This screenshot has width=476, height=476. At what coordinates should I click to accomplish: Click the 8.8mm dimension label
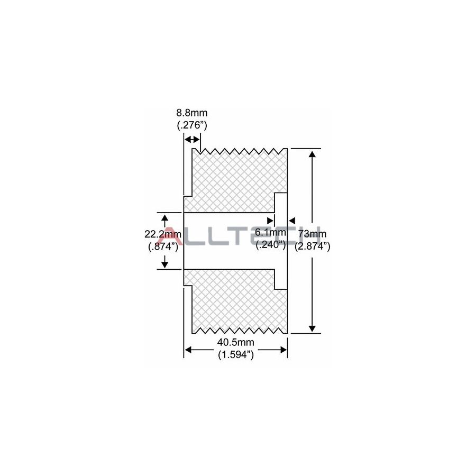(192, 113)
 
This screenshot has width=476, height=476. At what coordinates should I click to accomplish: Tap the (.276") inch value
(192, 125)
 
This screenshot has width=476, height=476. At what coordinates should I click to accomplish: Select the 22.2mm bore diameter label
(163, 234)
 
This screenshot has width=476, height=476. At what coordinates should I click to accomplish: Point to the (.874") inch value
(163, 246)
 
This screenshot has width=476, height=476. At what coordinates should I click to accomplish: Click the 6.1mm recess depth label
(270, 233)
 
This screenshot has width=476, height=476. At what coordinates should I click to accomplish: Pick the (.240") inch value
(271, 245)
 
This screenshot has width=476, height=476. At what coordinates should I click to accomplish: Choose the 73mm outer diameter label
(312, 234)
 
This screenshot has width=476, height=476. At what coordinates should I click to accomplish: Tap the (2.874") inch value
(313, 246)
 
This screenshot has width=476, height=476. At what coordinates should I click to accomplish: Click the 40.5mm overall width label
(235, 342)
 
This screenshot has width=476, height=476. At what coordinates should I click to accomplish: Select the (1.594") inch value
(236, 354)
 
